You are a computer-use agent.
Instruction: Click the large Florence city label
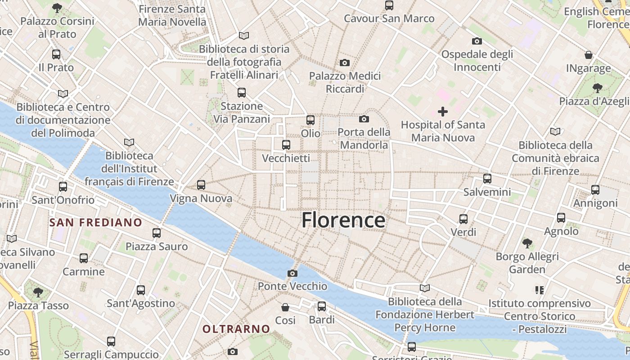(343, 220)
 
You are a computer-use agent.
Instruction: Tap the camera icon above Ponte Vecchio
(292, 273)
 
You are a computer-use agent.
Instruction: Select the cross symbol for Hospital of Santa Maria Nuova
(443, 112)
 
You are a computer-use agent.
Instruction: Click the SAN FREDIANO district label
(96, 222)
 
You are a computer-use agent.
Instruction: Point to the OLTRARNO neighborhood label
(236, 329)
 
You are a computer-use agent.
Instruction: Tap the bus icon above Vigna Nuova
(201, 185)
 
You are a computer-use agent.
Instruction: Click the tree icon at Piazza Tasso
(38, 292)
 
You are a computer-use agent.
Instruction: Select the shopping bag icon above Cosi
(285, 307)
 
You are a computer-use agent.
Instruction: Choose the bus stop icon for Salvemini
(487, 179)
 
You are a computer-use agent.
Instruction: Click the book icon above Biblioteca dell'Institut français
(129, 143)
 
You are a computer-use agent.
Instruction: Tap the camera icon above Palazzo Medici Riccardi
(345, 63)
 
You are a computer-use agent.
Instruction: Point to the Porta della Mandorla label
(364, 139)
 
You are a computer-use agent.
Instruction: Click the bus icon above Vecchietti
(286, 145)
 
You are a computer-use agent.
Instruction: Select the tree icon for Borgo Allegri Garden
(527, 243)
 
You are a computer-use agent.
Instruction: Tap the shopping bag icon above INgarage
(589, 55)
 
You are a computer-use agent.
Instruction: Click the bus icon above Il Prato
(56, 54)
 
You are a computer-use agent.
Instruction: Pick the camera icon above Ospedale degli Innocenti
(477, 41)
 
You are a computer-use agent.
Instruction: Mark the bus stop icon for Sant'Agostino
(141, 290)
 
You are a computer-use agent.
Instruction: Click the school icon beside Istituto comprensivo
(540, 290)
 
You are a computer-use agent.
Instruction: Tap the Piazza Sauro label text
(157, 247)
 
